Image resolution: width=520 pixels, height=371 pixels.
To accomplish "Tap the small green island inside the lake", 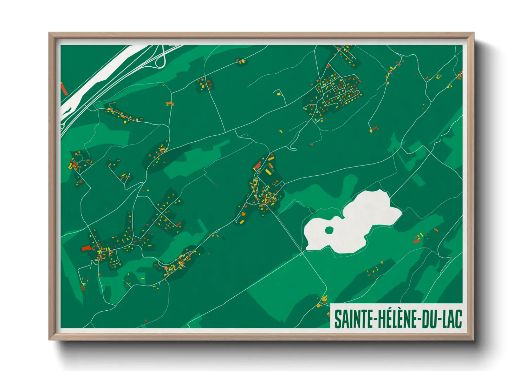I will click(x=329, y=230).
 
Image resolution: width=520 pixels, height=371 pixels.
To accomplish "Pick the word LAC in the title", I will click(x=452, y=319).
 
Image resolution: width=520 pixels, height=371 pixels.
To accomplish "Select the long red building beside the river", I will click(x=64, y=89).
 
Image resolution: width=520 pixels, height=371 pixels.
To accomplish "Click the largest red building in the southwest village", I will click(x=86, y=248).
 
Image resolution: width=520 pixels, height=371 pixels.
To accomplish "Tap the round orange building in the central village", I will click(x=243, y=213).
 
